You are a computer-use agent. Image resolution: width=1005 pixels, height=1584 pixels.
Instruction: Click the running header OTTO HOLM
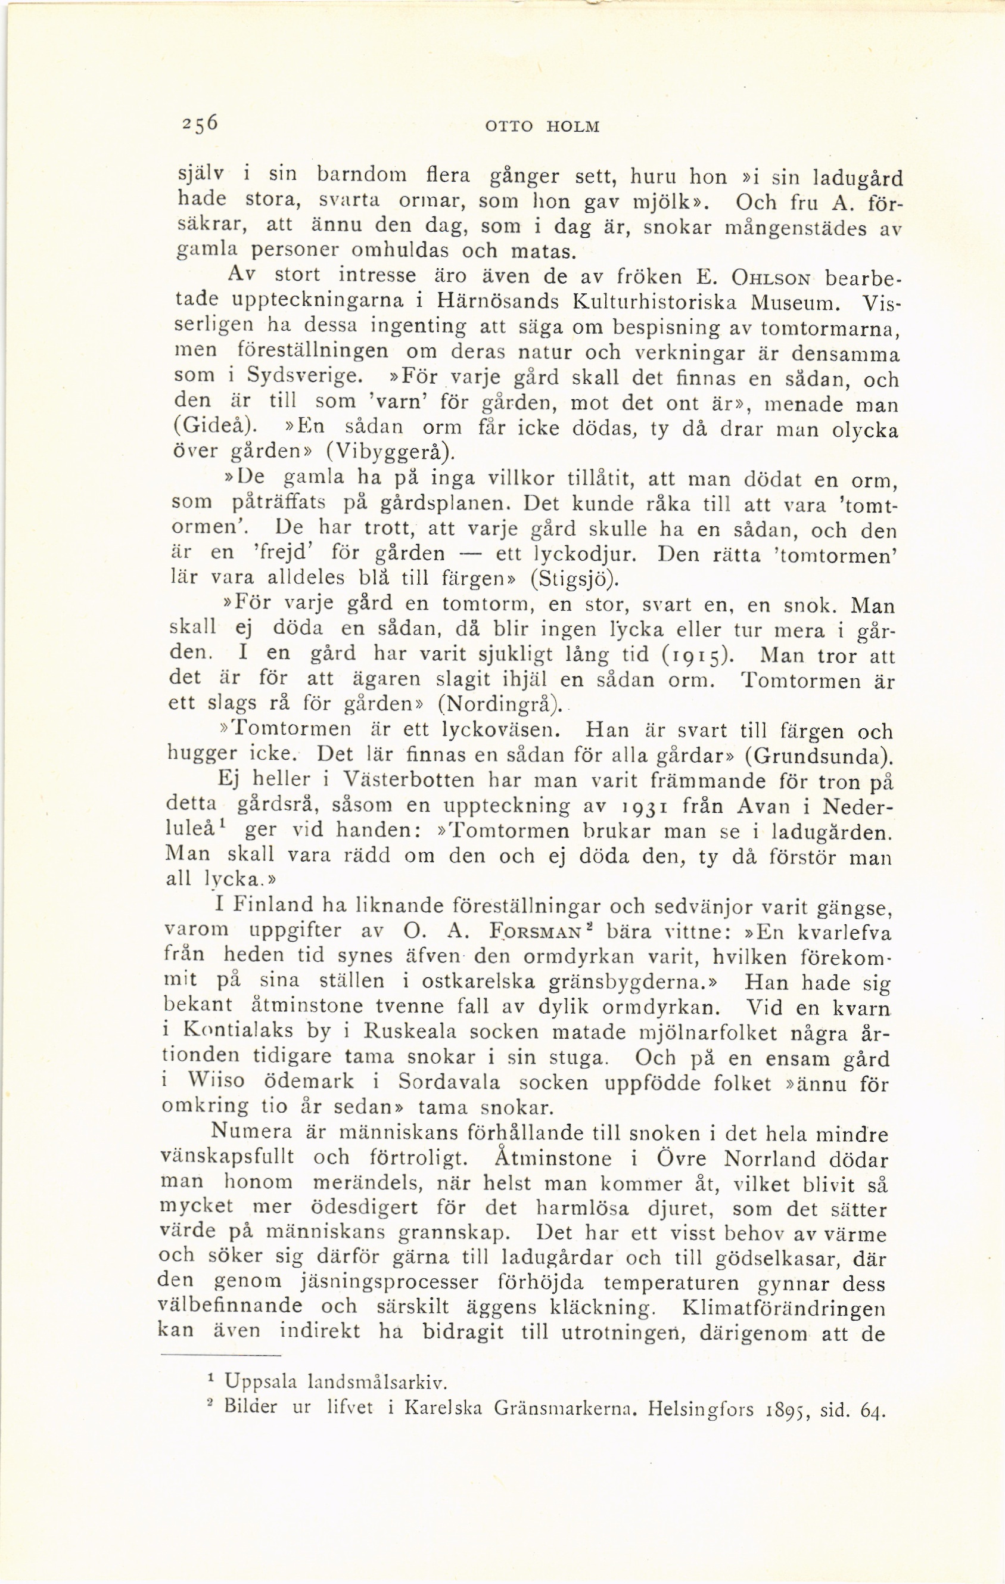pyautogui.click(x=542, y=126)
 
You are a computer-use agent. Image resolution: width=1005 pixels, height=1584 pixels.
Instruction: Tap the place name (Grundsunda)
pyautogui.click(x=820, y=755)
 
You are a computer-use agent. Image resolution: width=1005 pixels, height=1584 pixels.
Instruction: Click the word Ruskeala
pyautogui.click(x=412, y=1032)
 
